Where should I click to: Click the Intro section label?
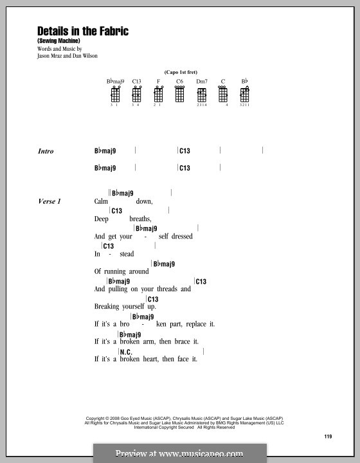pyautogui.click(x=46, y=152)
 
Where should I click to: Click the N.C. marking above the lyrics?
pyautogui.click(x=126, y=352)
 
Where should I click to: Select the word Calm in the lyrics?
pyautogui.click(x=102, y=202)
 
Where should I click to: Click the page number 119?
pyautogui.click(x=328, y=437)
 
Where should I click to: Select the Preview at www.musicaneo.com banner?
pyautogui.click(x=180, y=453)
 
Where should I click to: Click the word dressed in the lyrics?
pyautogui.click(x=181, y=237)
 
